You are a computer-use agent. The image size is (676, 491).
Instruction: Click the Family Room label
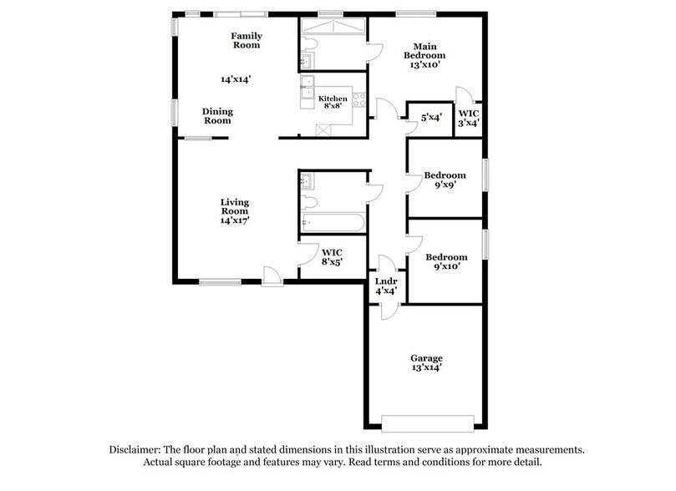[247, 40]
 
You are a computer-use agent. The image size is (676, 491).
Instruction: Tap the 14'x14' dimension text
[236, 79]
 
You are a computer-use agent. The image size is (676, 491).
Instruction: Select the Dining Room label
[218, 116]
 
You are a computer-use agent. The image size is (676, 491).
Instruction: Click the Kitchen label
[333, 101]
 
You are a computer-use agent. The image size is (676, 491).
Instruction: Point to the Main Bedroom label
[424, 55]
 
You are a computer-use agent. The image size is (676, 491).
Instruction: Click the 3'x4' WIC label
[469, 118]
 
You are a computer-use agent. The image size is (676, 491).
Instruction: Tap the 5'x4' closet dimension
[431, 118]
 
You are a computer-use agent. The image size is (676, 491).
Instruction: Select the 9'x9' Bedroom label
[445, 180]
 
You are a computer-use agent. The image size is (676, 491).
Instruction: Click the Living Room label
[235, 212]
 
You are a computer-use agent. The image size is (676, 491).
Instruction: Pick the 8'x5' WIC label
[331, 257]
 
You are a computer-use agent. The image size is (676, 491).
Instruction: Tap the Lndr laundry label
[384, 286]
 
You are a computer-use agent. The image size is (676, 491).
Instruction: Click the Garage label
[425, 362]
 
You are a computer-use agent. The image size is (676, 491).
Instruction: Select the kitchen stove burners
[359, 98]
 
